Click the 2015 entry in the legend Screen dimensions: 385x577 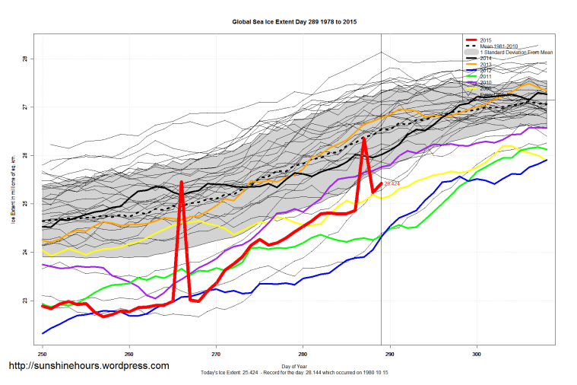coord(487,39)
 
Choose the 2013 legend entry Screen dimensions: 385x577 coord(487,64)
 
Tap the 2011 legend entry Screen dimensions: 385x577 coord(487,76)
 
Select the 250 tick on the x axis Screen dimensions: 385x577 coord(43,354)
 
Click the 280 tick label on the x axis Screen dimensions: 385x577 coord(303,354)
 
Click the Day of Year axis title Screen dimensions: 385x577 coord(294,366)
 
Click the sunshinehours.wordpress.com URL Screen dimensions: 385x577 coord(88,366)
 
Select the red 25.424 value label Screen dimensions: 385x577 coord(392,183)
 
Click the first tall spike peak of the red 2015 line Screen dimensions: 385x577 coord(182,182)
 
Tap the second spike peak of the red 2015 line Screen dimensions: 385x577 coord(364,138)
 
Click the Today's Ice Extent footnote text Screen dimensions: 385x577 coord(294,374)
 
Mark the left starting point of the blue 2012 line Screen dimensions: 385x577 coord(43,333)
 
